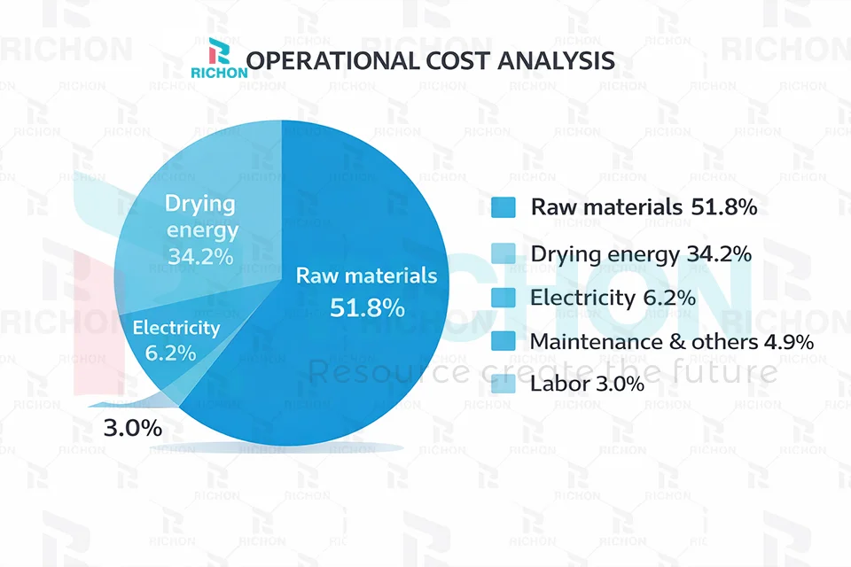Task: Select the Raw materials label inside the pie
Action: pos(366,276)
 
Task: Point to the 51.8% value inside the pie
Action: pos(367,307)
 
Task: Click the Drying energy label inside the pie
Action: pos(201,217)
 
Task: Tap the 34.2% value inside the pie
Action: pos(200,257)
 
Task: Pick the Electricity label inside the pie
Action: pos(176,328)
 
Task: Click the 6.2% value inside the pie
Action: pos(170,353)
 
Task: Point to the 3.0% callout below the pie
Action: pos(133,429)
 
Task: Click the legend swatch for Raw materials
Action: pos(504,207)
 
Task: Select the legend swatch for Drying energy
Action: pos(504,254)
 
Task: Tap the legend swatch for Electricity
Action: pos(504,298)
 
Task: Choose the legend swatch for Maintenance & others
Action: pos(504,341)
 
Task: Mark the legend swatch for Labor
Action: pos(504,384)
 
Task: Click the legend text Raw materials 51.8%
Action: pos(644,207)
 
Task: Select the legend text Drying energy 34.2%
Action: pos(641,254)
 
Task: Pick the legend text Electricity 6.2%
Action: pos(613,298)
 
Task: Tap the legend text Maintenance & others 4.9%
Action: pos(672,341)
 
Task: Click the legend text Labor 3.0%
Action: pos(587,384)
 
